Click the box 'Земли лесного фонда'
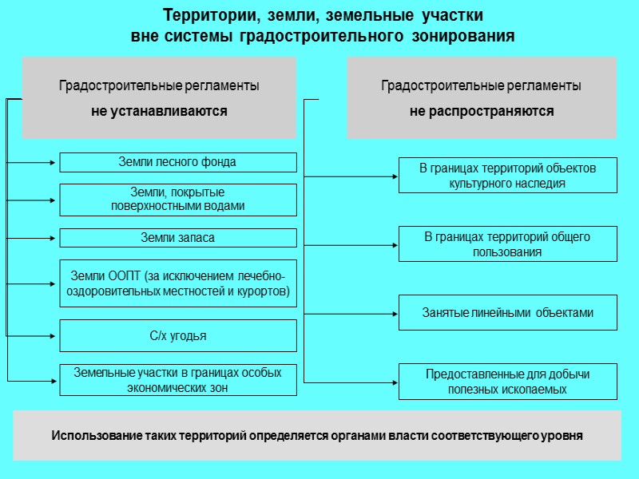pyautogui.click(x=178, y=162)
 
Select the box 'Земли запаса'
pyautogui.click(x=178, y=238)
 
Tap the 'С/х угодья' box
pyautogui.click(x=178, y=336)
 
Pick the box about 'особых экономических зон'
pyautogui.click(x=178, y=380)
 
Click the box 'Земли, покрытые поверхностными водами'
pyautogui.click(x=178, y=200)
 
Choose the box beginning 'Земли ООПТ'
pyautogui.click(x=178, y=283)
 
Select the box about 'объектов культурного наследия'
pyautogui.click(x=508, y=176)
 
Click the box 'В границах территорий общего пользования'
pyautogui.click(x=508, y=244)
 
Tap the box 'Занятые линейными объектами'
pyautogui.click(x=508, y=313)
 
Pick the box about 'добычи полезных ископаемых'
pyautogui.click(x=508, y=382)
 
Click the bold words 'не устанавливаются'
pyautogui.click(x=159, y=112)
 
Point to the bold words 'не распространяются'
pyautogui.click(x=482, y=112)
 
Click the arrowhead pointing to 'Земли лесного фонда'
pyautogui.click(x=56, y=163)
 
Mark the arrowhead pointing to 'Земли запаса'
pyautogui.click(x=56, y=238)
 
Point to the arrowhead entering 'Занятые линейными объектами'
pyautogui.click(x=395, y=314)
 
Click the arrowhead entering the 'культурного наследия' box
pyautogui.click(x=395, y=176)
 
